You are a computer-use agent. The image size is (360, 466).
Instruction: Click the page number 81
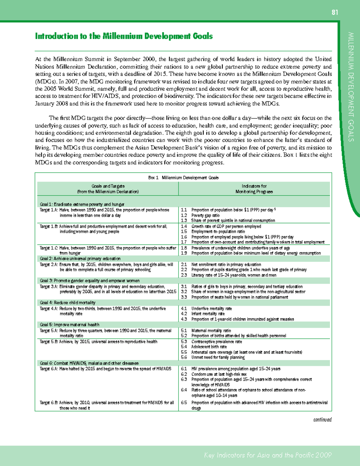click(x=334, y=12)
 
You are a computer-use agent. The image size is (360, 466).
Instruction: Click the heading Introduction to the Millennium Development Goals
click(x=124, y=36)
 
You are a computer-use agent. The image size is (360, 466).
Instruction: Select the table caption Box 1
click(x=183, y=178)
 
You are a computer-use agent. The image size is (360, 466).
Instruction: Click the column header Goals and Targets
click(x=108, y=189)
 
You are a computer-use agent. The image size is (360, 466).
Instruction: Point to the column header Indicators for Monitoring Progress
click(x=254, y=189)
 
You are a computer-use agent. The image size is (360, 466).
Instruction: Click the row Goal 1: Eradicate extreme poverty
click(x=82, y=204)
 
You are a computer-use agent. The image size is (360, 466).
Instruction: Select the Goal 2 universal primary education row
click(x=80, y=259)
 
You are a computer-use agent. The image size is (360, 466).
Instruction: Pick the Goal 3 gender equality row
click(x=90, y=281)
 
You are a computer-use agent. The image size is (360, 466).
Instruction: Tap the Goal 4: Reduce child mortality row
click(x=68, y=302)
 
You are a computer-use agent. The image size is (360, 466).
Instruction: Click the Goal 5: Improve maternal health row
click(x=70, y=325)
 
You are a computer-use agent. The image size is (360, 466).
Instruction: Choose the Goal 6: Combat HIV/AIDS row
click(x=89, y=363)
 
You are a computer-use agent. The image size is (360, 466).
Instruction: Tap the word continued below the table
click(x=322, y=419)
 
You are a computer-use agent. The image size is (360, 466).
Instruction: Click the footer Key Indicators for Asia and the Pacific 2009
click(x=268, y=455)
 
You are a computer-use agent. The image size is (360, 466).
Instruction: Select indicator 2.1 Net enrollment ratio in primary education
click(x=226, y=265)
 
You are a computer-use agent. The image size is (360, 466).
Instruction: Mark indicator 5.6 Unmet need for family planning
click(x=218, y=357)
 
